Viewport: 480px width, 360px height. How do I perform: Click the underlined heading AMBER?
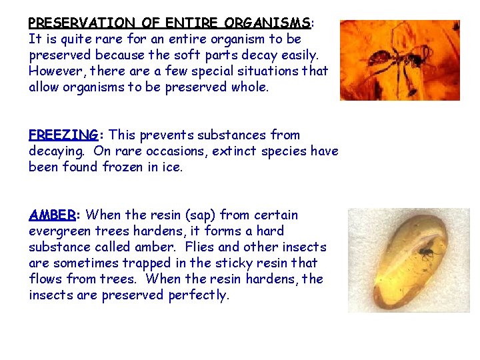coord(52,215)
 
